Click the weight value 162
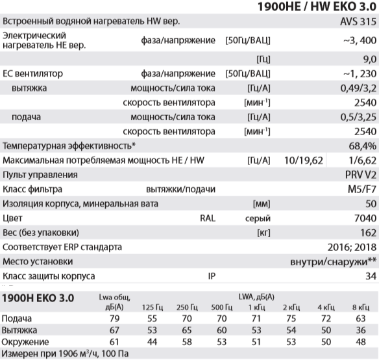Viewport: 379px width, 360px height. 365,232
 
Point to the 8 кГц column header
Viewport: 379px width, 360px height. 360,307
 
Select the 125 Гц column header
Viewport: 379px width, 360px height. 149,307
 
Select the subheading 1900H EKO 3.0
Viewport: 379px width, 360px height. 40,298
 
